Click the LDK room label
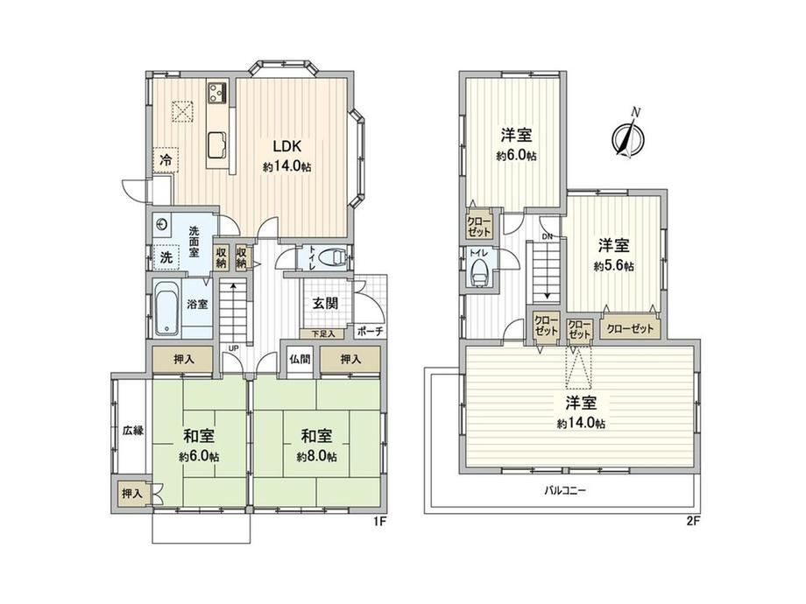pyautogui.click(x=286, y=147)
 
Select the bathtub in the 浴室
pyautogui.click(x=166, y=307)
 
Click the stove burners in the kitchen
pyautogui.click(x=217, y=93)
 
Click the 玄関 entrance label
pyautogui.click(x=325, y=303)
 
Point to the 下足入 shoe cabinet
pyautogui.click(x=324, y=334)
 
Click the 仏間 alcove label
pyautogui.click(x=299, y=359)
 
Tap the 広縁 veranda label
pyautogui.click(x=132, y=431)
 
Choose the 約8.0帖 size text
pyautogui.click(x=316, y=456)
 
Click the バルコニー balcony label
pyautogui.click(x=565, y=490)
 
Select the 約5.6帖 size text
pyautogui.click(x=614, y=267)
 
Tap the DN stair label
pyautogui.click(x=546, y=236)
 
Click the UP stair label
pyautogui.click(x=233, y=348)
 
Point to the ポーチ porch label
pyautogui.click(x=370, y=331)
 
